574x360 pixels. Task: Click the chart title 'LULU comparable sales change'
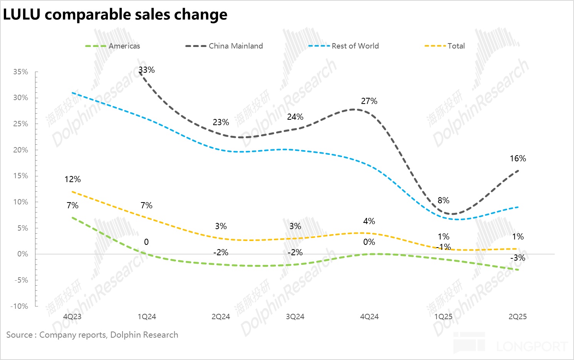pyautogui.click(x=115, y=15)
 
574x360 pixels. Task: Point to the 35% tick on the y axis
pyautogui.click(x=21, y=72)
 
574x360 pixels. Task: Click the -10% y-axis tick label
pyautogui.click(x=19, y=306)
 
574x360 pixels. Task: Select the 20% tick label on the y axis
pyautogui.click(x=21, y=150)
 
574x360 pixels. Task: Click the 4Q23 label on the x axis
pyautogui.click(x=72, y=316)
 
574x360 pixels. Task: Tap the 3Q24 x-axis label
pyautogui.click(x=295, y=316)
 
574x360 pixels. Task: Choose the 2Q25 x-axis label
pyautogui.click(x=517, y=316)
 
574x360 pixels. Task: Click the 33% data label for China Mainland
pyautogui.click(x=147, y=70)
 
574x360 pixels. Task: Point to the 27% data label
pyautogui.click(x=369, y=101)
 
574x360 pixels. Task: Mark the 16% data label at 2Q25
pyautogui.click(x=518, y=158)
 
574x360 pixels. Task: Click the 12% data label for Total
pyautogui.click(x=72, y=179)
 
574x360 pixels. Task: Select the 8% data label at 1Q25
pyautogui.click(x=443, y=200)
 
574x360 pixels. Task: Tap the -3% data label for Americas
pyautogui.click(x=518, y=258)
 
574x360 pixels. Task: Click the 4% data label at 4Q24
pyautogui.click(x=369, y=221)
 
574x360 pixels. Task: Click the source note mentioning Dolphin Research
pyautogui.click(x=92, y=335)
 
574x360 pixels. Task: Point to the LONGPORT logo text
pyautogui.click(x=532, y=346)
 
